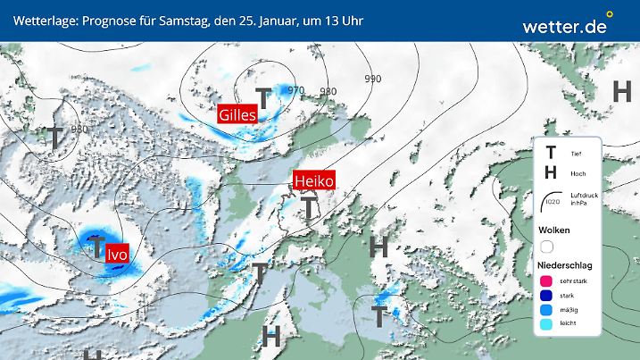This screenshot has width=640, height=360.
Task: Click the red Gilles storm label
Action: pyautogui.click(x=237, y=114)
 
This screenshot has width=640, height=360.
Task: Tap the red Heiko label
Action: pyautogui.click(x=313, y=180)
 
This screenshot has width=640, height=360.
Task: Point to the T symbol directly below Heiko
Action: pyautogui.click(x=308, y=208)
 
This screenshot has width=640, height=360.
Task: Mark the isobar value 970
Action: pyautogui.click(x=296, y=89)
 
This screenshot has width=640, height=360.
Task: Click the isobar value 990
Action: pyautogui.click(x=373, y=79)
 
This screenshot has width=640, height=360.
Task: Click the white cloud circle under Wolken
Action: pyautogui.click(x=547, y=246)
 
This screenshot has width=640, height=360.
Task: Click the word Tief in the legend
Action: pyautogui.click(x=576, y=155)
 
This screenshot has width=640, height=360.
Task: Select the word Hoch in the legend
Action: pyautogui.click(x=577, y=172)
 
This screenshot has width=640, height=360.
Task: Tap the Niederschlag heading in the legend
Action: pyautogui.click(x=566, y=265)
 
